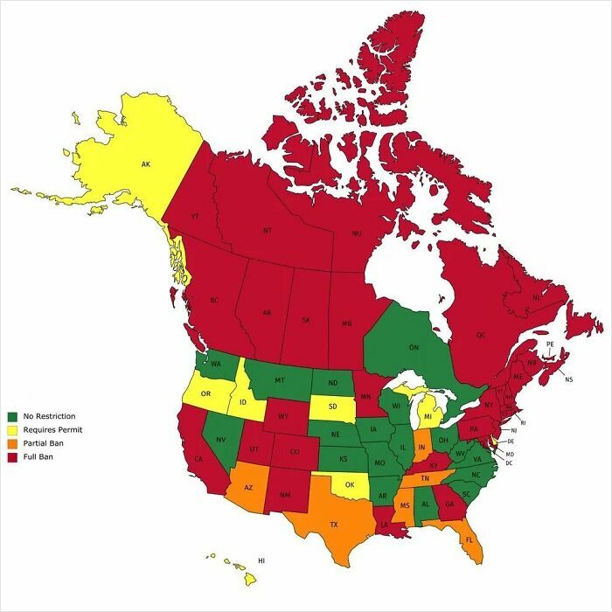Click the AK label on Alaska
point(146,163)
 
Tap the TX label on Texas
point(333,525)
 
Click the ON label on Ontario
point(414,347)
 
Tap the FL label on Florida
point(469,539)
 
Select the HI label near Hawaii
point(261,560)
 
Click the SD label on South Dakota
point(332,407)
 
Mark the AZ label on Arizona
point(248,488)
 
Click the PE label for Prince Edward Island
point(549,345)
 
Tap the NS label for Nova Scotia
point(569,379)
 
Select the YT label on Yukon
point(196,216)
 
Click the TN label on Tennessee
point(425,479)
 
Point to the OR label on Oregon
point(206,394)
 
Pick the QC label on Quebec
point(480,334)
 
